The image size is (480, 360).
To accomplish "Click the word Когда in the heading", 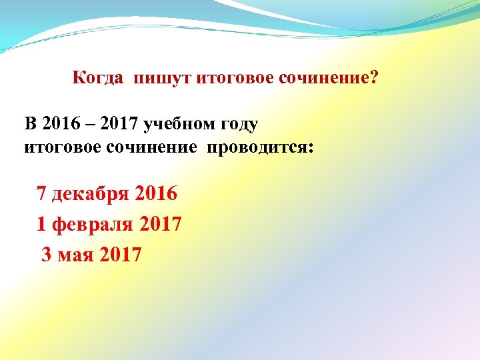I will (97, 79).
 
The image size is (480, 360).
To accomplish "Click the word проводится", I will (259, 146).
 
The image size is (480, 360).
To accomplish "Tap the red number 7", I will (42, 194).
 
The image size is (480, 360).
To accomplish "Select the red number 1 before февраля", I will (42, 225).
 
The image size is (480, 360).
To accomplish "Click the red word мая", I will (76, 255).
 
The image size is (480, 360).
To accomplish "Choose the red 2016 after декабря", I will (156, 194).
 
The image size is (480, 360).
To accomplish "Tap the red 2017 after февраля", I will (161, 225).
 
